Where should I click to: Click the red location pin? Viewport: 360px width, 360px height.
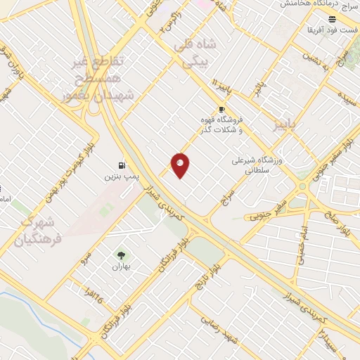[x=180, y=165]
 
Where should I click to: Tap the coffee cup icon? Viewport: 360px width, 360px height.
[x=221, y=110]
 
